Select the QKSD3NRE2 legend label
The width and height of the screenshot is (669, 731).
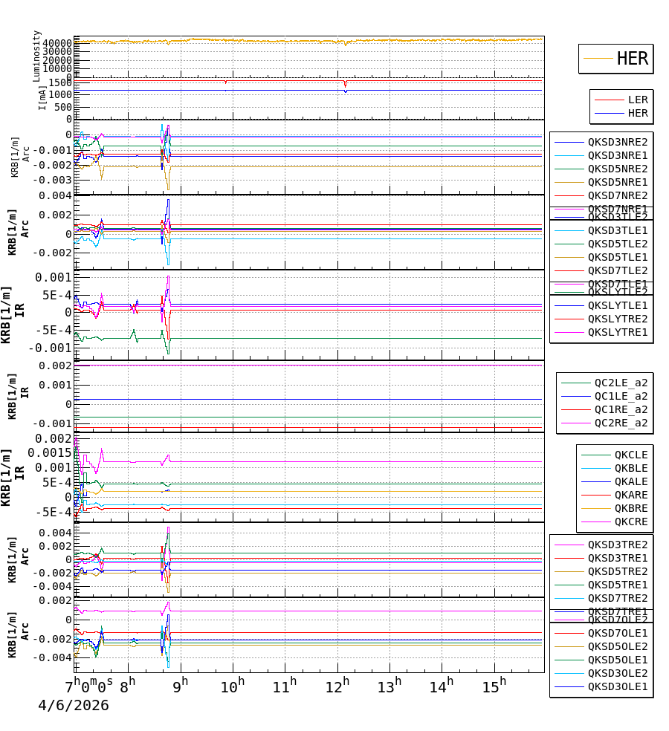coord(617,142)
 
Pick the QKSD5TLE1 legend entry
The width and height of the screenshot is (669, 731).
coord(617,257)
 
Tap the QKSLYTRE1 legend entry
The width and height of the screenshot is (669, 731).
coord(617,332)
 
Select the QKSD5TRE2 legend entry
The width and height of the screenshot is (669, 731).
coord(617,571)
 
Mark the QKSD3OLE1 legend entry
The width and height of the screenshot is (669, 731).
coord(617,686)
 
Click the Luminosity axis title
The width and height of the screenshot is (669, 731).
coord(36,55)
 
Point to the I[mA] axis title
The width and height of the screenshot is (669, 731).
coord(42,97)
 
